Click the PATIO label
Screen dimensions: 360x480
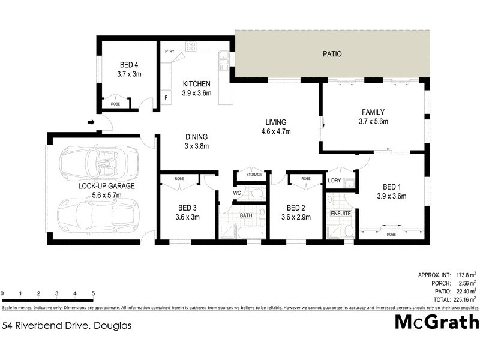(332, 54)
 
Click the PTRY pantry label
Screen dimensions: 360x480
(169, 52)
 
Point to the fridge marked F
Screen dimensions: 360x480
(166, 97)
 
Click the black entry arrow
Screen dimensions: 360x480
(91, 123)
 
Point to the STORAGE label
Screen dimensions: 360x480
(254, 175)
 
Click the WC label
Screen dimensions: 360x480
(237, 193)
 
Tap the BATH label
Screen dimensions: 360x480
(246, 214)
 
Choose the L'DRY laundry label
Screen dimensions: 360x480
(334, 179)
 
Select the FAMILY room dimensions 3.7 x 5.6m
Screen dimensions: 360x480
(373, 121)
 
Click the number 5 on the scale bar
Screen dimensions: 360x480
(93, 293)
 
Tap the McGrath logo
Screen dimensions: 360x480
(436, 322)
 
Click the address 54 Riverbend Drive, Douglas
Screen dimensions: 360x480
(67, 326)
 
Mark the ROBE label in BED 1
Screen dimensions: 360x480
(391, 234)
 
